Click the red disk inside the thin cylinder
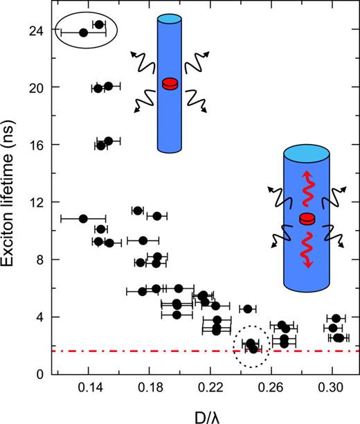pyautogui.click(x=170, y=85)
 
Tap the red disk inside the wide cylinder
pyautogui.click(x=307, y=219)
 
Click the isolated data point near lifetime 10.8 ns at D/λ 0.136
pyautogui.click(x=83, y=218)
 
